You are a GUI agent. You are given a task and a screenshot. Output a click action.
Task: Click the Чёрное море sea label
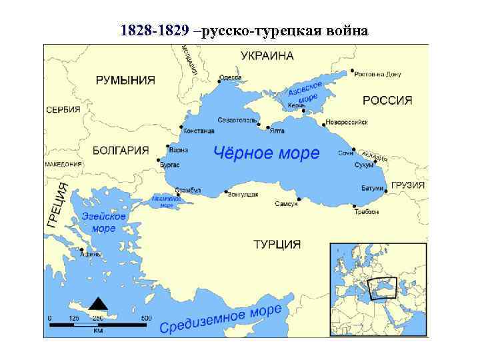[266, 153]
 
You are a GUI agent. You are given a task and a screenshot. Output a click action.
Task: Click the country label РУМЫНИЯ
[125, 80]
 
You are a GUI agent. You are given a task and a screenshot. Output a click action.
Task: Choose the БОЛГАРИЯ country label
[120, 150]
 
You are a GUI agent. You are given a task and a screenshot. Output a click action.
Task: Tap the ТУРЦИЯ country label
[277, 244]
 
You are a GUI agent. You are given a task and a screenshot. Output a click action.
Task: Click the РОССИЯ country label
[387, 101]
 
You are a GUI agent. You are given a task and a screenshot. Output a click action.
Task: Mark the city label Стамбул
[187, 190]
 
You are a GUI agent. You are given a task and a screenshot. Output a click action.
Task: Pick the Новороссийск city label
[347, 123]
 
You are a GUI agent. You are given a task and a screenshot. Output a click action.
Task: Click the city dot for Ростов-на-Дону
[352, 71]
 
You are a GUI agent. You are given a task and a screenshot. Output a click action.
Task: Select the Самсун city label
[286, 203]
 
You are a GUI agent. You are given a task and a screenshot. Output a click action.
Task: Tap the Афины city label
[90, 253]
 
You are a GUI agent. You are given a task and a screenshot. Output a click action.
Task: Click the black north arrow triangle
[99, 303]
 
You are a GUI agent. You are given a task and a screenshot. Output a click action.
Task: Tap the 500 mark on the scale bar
[146, 318]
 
